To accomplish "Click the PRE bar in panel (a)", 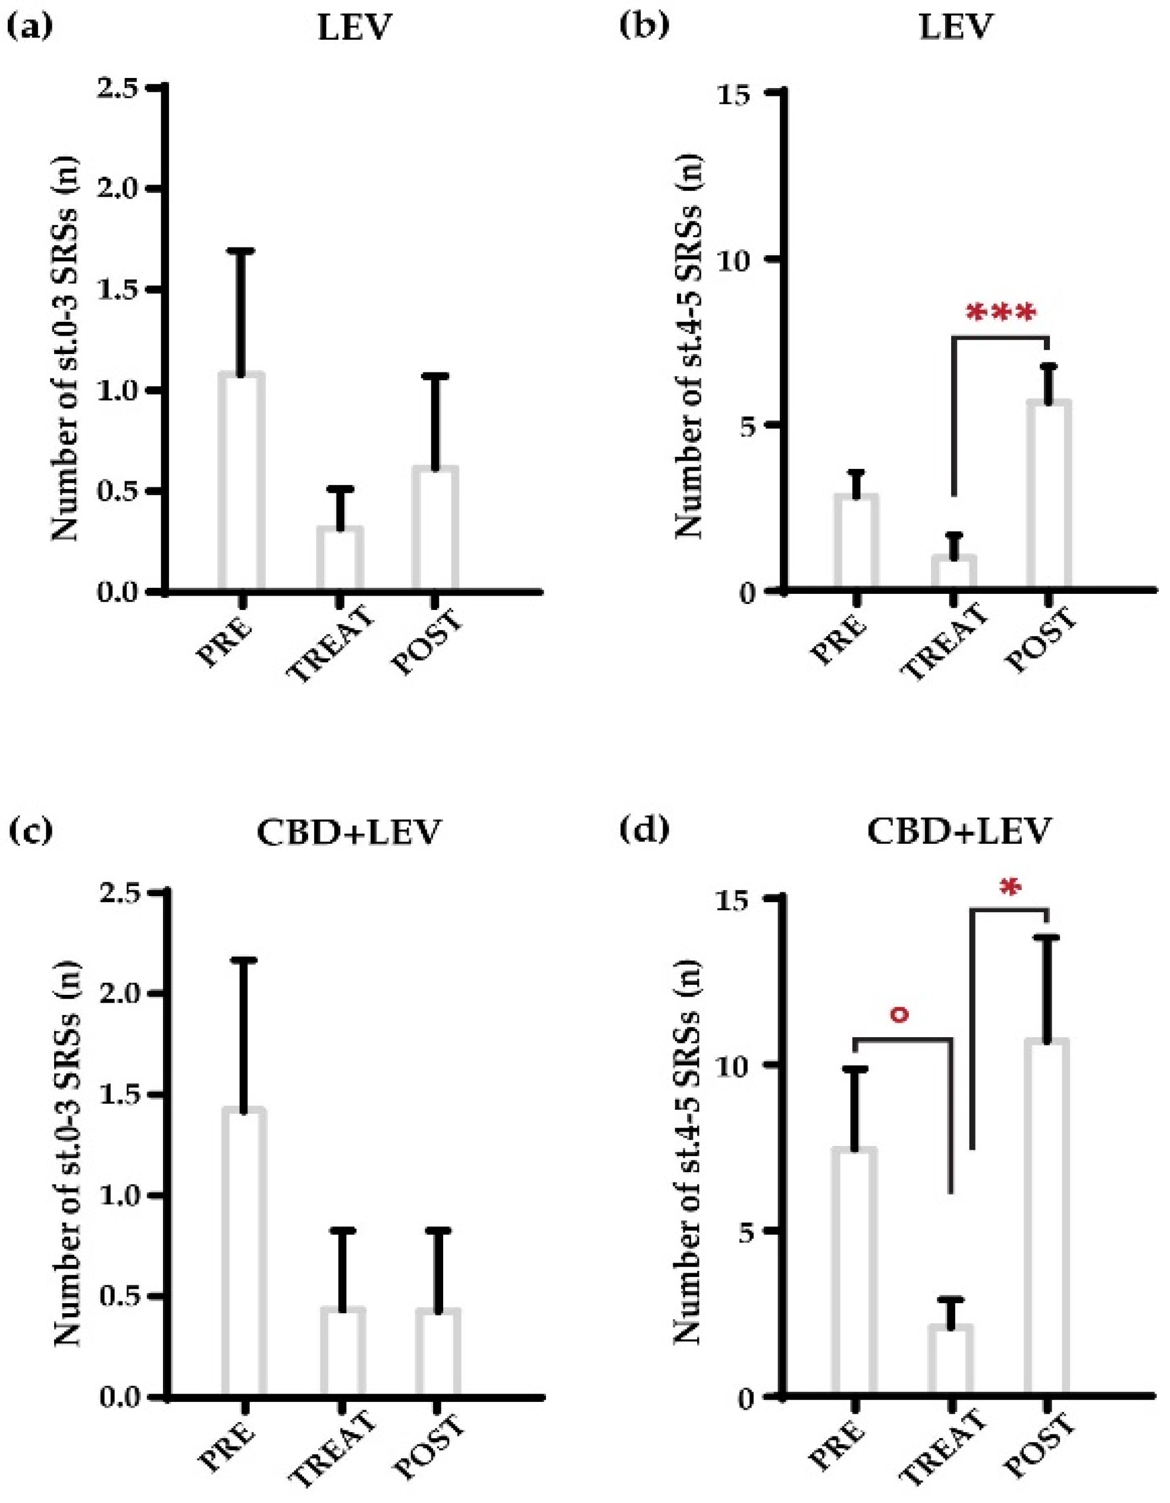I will click(x=241, y=482).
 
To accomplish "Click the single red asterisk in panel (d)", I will click(x=1009, y=890).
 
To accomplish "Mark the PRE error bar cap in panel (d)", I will click(x=854, y=1069).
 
